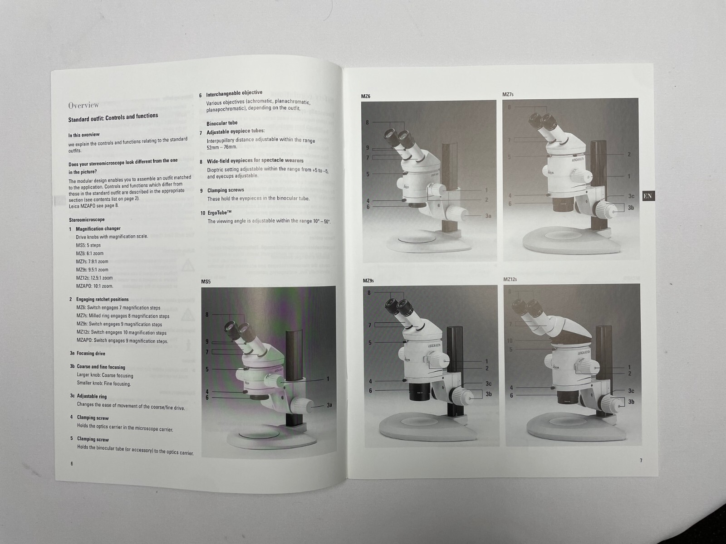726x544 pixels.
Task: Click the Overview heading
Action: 83,105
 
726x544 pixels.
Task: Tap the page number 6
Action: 72,464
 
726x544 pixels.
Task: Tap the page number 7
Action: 641,461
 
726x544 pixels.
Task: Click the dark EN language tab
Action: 648,196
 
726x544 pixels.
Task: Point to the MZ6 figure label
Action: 366,97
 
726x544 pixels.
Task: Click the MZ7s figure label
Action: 508,95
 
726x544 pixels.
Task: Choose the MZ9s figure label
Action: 368,281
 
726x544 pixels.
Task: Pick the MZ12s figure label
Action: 510,279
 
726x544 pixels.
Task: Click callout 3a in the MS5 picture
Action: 329,405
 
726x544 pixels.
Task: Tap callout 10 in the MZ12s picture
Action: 510,341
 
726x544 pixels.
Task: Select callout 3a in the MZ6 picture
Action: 488,216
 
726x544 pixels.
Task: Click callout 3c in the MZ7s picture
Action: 631,196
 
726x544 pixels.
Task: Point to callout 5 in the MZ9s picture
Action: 370,343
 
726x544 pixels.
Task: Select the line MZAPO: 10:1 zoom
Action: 94,286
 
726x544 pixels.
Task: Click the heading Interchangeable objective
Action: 234,93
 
